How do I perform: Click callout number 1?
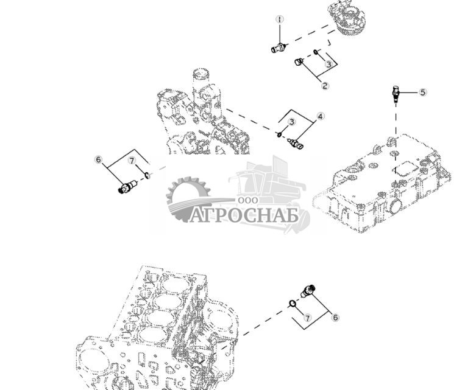279,20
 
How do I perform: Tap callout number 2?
325,86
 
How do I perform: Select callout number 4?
320,116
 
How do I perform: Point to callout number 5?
422,92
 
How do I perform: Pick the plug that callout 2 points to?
299,61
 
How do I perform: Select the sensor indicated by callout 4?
294,144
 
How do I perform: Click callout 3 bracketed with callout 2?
329,64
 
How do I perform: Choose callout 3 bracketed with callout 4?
293,122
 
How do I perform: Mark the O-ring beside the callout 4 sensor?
279,135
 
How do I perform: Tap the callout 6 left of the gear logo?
98,159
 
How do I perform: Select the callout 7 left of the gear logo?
132,161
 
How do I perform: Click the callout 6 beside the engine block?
335,317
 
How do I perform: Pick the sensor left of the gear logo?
127,187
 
